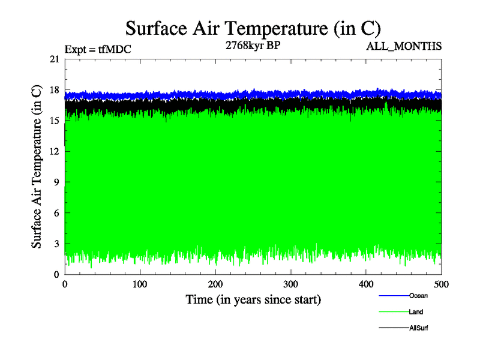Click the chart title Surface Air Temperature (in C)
pyautogui.click(x=253, y=28)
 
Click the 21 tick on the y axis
pyautogui.click(x=54, y=59)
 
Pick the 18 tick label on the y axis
pyautogui.click(x=54, y=90)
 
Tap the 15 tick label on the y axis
pyautogui.click(x=54, y=121)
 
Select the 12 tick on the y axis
pyautogui.click(x=54, y=151)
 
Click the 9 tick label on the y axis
pyautogui.click(x=56, y=182)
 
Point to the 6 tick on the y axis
pyautogui.click(x=56, y=213)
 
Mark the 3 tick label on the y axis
pyautogui.click(x=56, y=244)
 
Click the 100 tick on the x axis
pyautogui.click(x=140, y=284)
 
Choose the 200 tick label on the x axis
pyautogui.click(x=215, y=284)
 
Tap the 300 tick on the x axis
pyautogui.click(x=291, y=284)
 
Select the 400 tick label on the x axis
pyautogui.click(x=366, y=284)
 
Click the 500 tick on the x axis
pyautogui.click(x=442, y=284)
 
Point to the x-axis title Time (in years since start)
pyautogui.click(x=253, y=299)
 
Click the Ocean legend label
pyautogui.click(x=418, y=296)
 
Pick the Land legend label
pyautogui.click(x=416, y=312)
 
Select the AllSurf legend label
pyautogui.click(x=418, y=328)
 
